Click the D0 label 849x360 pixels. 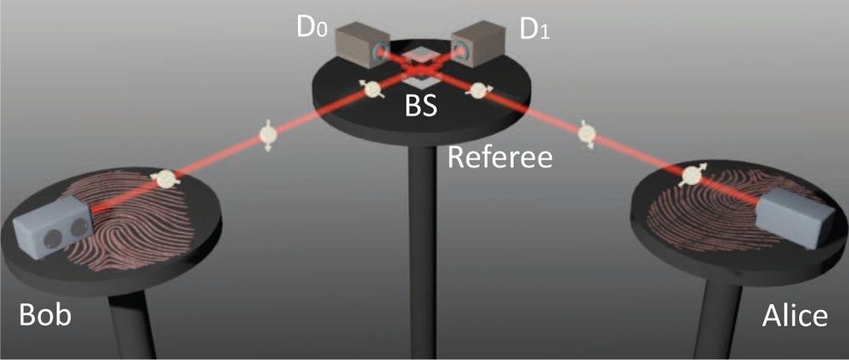click(311, 27)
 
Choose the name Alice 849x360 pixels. click(794, 316)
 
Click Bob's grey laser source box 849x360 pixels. click(53, 225)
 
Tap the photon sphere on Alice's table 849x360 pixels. click(693, 175)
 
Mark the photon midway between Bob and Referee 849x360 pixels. click(267, 134)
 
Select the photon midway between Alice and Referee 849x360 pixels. click(585, 133)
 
